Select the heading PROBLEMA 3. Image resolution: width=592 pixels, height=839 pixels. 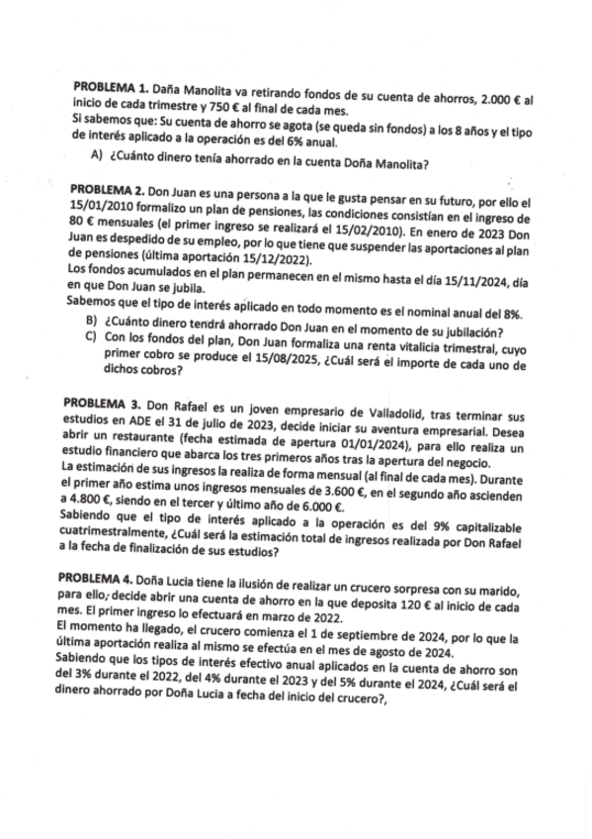point(99,405)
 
